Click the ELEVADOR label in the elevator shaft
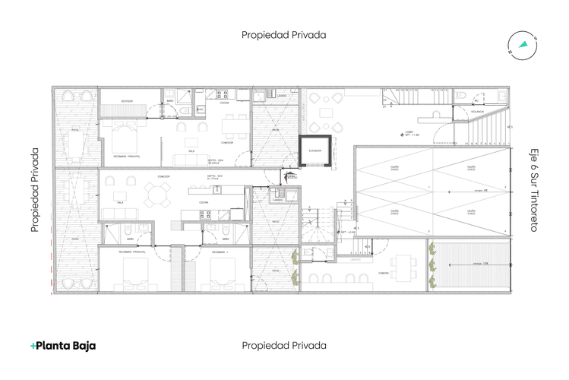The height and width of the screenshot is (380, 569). click(315, 150)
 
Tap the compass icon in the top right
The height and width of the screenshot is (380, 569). click(523, 44)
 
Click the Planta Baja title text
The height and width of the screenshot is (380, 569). click(63, 345)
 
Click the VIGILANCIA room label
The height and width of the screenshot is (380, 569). click(477, 112)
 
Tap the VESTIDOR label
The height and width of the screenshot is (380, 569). click(128, 101)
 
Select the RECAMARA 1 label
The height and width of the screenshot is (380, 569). click(220, 250)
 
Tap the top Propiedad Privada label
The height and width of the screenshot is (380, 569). click(284, 34)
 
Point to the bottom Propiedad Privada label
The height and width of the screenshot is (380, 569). click(284, 345)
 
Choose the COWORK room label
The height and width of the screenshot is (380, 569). click(384, 272)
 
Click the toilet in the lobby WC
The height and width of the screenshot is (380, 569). click(463, 97)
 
